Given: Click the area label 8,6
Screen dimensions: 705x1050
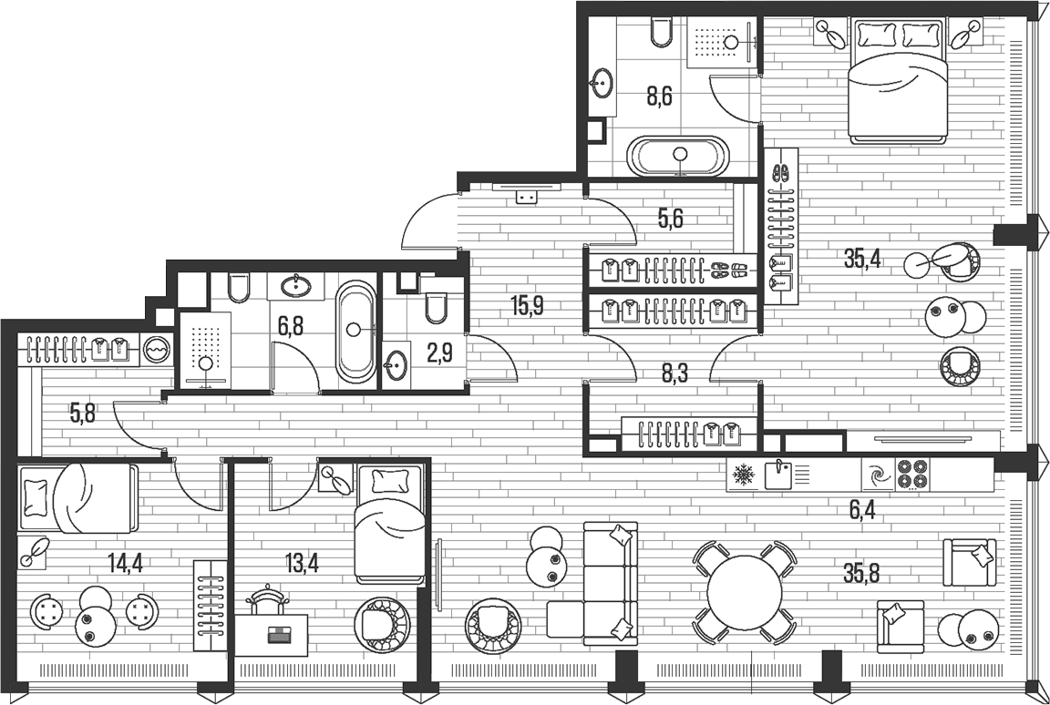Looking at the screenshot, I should [659, 96].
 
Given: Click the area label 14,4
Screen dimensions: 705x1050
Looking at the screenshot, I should [124, 561].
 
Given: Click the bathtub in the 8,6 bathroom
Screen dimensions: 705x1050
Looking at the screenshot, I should [680, 157].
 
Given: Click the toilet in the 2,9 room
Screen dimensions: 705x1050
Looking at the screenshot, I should [436, 307].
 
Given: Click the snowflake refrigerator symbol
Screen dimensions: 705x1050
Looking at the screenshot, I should [743, 475].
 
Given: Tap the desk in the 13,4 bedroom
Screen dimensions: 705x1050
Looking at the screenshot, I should [274, 634].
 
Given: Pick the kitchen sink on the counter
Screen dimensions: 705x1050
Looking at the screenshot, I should [778, 475].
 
